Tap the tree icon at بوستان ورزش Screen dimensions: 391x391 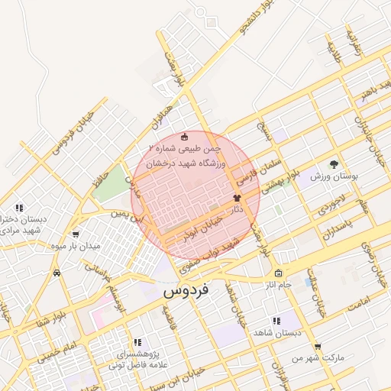coord(333,163)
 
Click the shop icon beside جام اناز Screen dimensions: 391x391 coord(277,273)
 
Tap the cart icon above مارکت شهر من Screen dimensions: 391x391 coord(318,346)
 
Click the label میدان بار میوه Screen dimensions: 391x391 coord(75,246)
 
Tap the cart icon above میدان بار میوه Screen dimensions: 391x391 coord(75,234)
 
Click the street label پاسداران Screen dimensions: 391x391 coord(338,228)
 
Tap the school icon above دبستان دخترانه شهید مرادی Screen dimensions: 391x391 coord(18,208)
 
